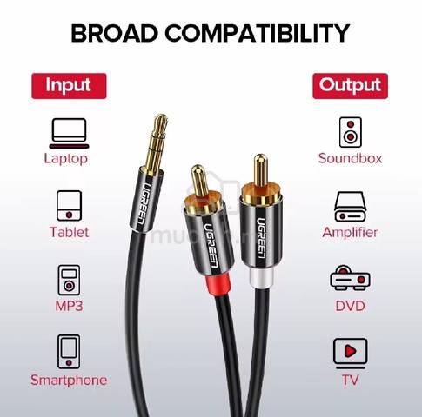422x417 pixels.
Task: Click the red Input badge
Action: (x=69, y=86)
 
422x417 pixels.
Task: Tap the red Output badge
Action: (x=350, y=86)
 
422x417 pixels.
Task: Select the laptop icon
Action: (x=69, y=133)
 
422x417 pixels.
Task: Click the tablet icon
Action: (x=69, y=206)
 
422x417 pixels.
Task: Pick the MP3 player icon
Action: (x=69, y=280)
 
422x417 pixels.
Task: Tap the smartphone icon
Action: (x=69, y=352)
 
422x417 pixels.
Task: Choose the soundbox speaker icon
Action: (x=351, y=132)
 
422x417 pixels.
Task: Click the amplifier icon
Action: (x=350, y=207)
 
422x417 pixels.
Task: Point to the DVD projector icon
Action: (x=350, y=277)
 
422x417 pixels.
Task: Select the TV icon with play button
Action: (x=350, y=354)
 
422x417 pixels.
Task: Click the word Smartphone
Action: (x=69, y=380)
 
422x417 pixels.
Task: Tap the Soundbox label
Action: (x=350, y=158)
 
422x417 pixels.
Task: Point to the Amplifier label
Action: (x=350, y=232)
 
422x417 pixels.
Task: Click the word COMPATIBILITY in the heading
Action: (x=258, y=33)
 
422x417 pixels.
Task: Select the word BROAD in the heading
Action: (x=114, y=33)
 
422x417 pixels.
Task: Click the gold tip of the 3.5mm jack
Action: (x=161, y=120)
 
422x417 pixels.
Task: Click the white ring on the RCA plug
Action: (x=261, y=277)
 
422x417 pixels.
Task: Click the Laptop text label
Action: (x=66, y=159)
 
